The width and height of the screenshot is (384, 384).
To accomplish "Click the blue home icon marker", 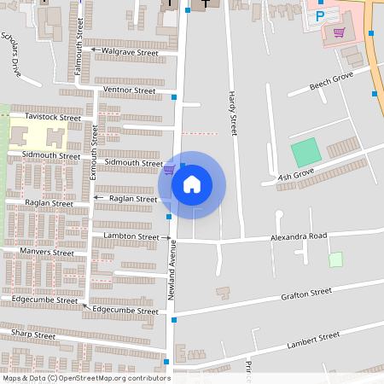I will (192, 184).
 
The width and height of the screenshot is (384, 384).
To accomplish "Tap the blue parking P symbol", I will (320, 15).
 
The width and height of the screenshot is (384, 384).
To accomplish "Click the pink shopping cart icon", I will (339, 32).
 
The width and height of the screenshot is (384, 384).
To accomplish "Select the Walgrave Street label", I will (130, 52).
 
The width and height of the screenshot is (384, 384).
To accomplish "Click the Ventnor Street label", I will (129, 90).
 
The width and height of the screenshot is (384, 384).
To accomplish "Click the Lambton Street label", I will (131, 236).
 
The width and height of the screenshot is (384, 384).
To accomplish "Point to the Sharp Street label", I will (33, 335).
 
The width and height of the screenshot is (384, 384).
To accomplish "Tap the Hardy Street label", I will (231, 113).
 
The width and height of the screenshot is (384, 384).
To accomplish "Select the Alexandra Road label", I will (299, 236).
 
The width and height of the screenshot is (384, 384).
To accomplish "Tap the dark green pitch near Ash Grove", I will (305, 153).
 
